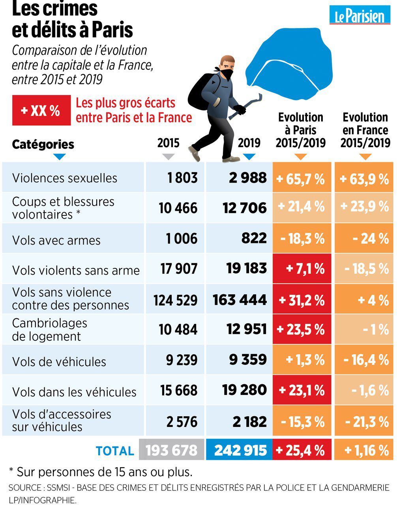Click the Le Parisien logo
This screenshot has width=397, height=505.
360,16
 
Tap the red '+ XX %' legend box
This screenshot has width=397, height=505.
41,110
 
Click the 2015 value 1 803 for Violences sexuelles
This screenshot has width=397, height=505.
182,178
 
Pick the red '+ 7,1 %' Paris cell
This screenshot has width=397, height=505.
302,269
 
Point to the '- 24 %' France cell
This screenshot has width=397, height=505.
364,239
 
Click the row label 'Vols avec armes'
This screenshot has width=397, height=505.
56,240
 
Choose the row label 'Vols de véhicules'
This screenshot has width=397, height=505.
59,362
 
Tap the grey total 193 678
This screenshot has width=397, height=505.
172,450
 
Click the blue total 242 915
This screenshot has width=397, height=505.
240,450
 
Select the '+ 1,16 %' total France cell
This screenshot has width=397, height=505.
364,450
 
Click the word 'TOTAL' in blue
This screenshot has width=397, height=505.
115,451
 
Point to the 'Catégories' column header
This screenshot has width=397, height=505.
43,144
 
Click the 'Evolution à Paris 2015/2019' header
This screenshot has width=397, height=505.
301,130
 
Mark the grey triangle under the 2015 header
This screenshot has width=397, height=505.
169,157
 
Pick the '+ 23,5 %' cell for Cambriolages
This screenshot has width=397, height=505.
302,329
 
